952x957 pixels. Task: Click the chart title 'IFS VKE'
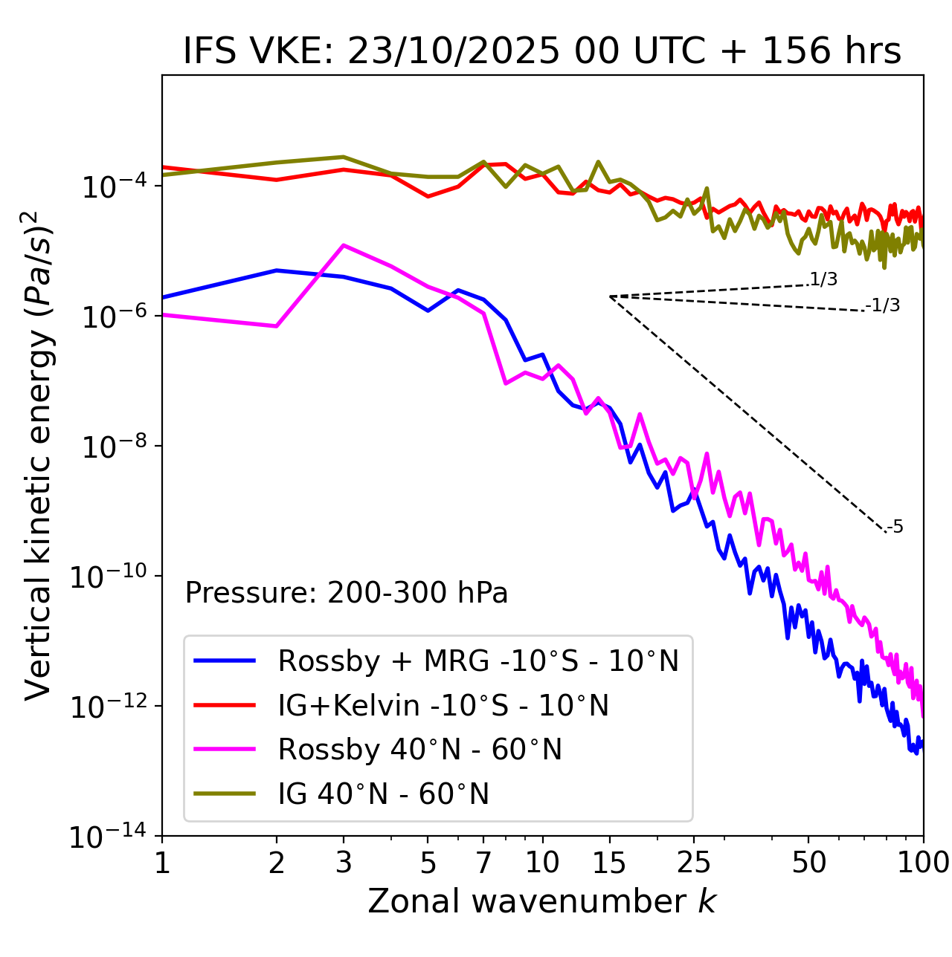(542, 51)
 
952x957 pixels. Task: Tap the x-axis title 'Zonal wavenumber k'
(542, 901)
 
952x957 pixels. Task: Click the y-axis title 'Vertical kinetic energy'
(39, 455)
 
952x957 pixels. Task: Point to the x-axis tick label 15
(609, 863)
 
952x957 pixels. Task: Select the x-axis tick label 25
(694, 863)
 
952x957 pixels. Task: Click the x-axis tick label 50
(808, 863)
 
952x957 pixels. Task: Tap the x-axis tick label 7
(483, 863)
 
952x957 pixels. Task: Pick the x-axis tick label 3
(344, 863)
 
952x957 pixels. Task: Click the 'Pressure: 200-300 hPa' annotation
(347, 593)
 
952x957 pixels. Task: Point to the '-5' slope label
(895, 527)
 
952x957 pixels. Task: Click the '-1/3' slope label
(883, 305)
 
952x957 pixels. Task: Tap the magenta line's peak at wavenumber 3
(344, 245)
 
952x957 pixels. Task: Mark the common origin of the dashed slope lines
(610, 296)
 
